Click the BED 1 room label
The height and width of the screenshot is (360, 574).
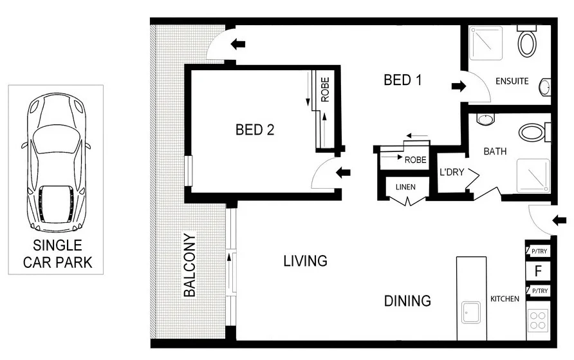[x=403, y=80]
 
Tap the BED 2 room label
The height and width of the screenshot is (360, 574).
[x=255, y=129]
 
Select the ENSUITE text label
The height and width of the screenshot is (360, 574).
[x=512, y=81]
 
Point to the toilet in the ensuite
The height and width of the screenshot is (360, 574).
[x=527, y=41]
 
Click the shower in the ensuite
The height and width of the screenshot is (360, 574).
[x=486, y=43]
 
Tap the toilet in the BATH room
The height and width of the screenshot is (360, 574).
[x=535, y=132]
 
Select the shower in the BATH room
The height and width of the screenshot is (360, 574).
[x=533, y=176]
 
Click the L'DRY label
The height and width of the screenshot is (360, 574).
[x=451, y=172]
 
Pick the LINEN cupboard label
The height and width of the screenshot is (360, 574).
[x=405, y=187]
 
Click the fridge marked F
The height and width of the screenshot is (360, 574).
[x=538, y=271]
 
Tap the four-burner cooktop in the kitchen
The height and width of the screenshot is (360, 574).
[x=538, y=321]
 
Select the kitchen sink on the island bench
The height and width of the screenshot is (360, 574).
[x=471, y=312]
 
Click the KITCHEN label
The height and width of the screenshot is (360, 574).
[x=505, y=299]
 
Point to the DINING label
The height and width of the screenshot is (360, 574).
[x=407, y=301]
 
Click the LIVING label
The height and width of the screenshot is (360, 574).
[x=305, y=261]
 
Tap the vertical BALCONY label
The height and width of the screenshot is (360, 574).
[x=190, y=265]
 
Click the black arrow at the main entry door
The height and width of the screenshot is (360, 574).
[x=559, y=220]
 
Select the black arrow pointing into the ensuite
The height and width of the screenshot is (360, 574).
[x=459, y=86]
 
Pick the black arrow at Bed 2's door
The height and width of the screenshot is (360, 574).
[x=343, y=172]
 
